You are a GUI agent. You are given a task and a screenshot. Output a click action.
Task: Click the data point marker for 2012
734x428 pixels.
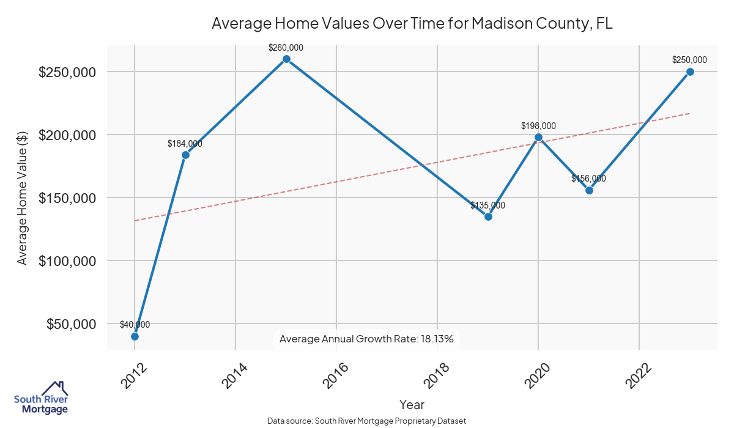click(135, 336)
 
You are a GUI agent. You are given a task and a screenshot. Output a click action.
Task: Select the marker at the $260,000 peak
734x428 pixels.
click(286, 59)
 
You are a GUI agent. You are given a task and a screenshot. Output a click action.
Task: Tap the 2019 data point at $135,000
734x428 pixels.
click(488, 216)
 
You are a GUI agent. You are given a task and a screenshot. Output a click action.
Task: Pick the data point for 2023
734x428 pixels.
click(690, 72)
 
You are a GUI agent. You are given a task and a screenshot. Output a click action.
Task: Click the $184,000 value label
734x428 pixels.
click(185, 144)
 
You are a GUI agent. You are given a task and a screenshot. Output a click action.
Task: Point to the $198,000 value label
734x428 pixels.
click(538, 126)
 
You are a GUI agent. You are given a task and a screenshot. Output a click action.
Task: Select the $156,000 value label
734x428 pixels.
click(588, 179)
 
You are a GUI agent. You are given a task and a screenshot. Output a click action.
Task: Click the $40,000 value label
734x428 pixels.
click(135, 325)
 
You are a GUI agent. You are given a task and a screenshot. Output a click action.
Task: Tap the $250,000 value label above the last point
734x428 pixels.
click(689, 60)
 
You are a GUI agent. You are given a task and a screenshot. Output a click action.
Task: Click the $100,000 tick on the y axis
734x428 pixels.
click(67, 261)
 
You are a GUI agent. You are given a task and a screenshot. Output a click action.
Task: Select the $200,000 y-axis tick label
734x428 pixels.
click(67, 135)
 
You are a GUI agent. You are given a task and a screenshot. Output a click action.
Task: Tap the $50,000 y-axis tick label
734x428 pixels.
click(71, 324)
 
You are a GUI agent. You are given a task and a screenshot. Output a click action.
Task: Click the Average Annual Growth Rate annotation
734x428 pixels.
click(366, 339)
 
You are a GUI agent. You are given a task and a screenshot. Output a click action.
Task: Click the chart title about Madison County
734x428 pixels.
click(412, 24)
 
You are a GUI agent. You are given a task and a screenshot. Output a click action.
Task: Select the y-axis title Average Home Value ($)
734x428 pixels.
click(23, 198)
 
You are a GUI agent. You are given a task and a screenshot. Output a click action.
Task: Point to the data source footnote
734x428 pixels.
click(367, 421)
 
